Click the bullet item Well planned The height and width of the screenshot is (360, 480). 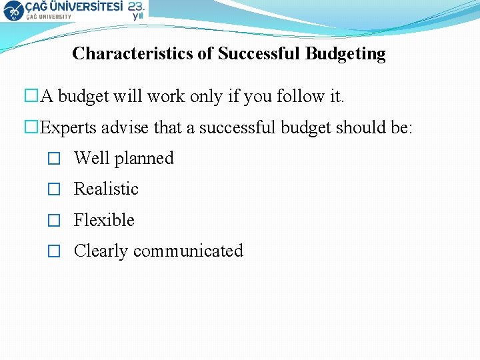[x=123, y=159]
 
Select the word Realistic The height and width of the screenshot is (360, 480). [x=106, y=189]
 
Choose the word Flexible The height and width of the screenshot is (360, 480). [x=104, y=220]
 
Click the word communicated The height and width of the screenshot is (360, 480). [x=188, y=251]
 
